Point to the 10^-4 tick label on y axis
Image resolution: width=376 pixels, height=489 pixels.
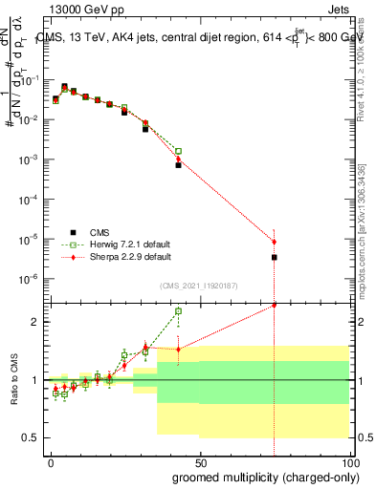[30, 199]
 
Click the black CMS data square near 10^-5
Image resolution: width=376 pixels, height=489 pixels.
[275, 257]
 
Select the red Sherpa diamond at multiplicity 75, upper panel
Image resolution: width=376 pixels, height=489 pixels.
[275, 242]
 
